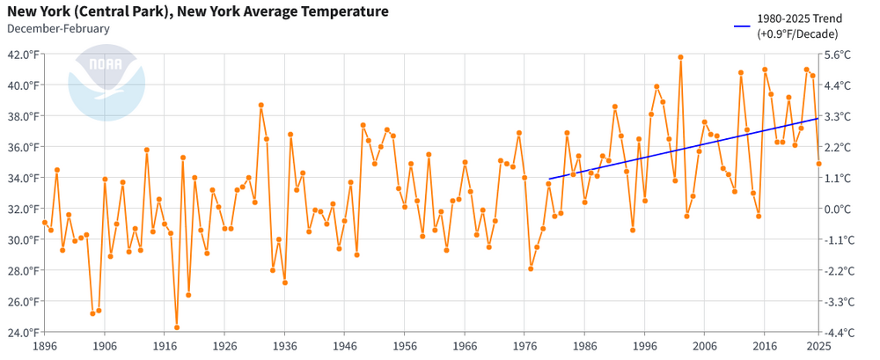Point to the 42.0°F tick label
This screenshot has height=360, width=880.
[x=23, y=54]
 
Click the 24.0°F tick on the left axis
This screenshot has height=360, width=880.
[x=23, y=332]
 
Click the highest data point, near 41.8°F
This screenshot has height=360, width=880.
[x=680, y=57]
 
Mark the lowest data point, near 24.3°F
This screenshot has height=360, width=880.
[x=177, y=327]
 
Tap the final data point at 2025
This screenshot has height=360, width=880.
[x=819, y=164]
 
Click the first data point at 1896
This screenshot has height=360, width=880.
[x=45, y=223]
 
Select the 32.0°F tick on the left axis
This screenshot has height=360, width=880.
[x=23, y=209]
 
